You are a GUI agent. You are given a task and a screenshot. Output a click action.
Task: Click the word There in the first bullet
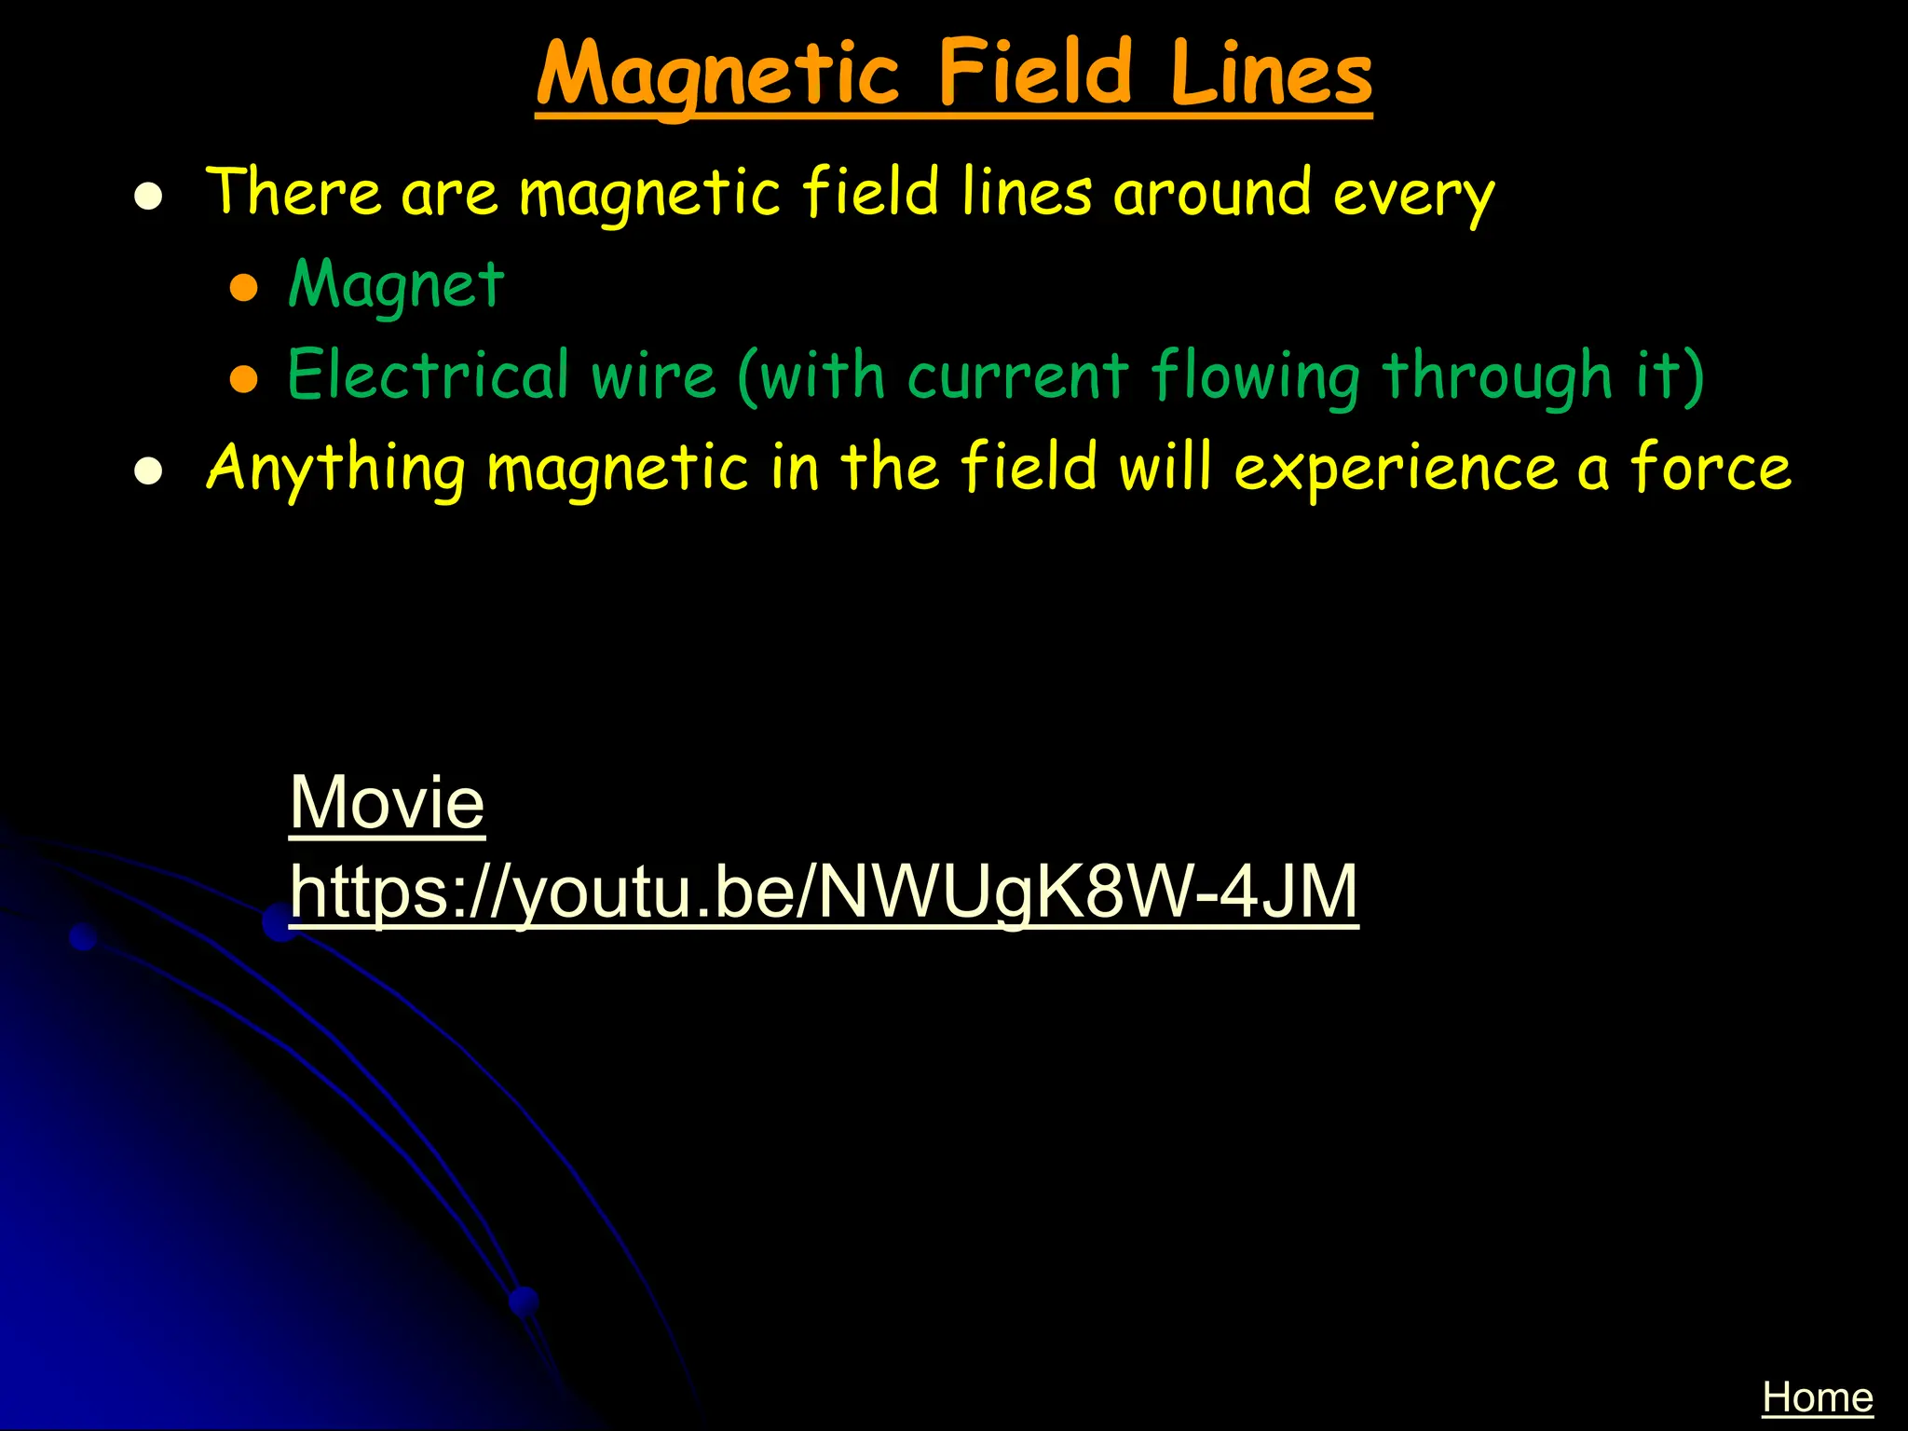click(293, 192)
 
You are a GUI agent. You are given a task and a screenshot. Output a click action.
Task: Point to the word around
click(1212, 192)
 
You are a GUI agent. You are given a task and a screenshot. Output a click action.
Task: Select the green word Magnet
click(396, 285)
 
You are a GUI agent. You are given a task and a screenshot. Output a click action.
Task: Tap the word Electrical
click(428, 375)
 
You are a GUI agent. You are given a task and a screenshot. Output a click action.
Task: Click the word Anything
click(335, 468)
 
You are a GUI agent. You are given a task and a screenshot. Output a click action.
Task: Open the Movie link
click(387, 802)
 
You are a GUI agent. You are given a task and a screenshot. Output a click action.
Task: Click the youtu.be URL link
click(824, 893)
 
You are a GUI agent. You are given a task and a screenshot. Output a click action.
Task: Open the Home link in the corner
click(1817, 1397)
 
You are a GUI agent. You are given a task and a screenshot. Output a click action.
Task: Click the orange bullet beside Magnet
click(244, 288)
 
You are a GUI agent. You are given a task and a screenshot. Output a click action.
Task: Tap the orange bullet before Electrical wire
click(244, 378)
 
